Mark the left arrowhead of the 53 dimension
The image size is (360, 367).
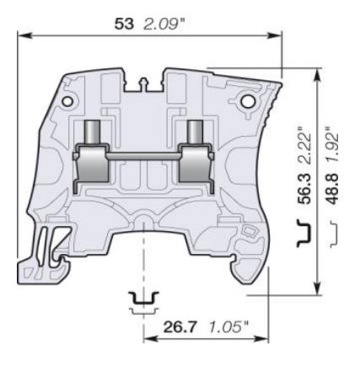click(20, 34)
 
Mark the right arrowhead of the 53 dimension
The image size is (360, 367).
click(277, 34)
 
